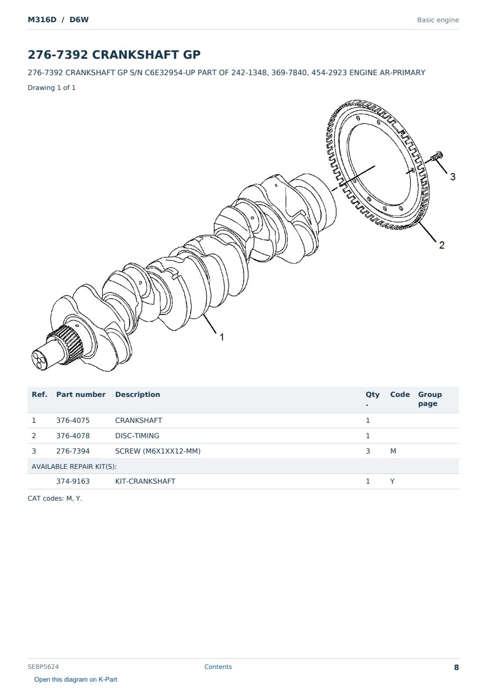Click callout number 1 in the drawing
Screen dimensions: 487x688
pos(221,337)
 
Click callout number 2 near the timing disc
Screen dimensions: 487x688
pos(441,245)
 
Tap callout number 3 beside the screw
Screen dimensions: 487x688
pos(453,177)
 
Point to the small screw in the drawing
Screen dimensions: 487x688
pos(436,156)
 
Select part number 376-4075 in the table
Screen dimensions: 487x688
pos(73,420)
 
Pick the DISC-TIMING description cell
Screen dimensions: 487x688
pos(137,436)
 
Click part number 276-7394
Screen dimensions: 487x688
pos(73,451)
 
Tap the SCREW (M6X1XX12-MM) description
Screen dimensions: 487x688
pos(158,451)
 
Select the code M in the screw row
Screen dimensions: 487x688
pos(393,451)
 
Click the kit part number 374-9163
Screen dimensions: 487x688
pos(73,481)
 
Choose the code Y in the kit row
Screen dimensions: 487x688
pos(392,481)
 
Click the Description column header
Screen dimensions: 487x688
pos(138,394)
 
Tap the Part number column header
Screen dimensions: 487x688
pos(81,394)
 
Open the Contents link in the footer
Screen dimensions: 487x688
pos(218,666)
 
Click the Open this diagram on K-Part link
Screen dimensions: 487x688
pos(76,679)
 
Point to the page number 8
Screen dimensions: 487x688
pos(456,667)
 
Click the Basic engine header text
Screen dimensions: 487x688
pos(438,20)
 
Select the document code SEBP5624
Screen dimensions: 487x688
pos(43,666)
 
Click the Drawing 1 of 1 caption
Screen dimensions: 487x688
pos(52,87)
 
